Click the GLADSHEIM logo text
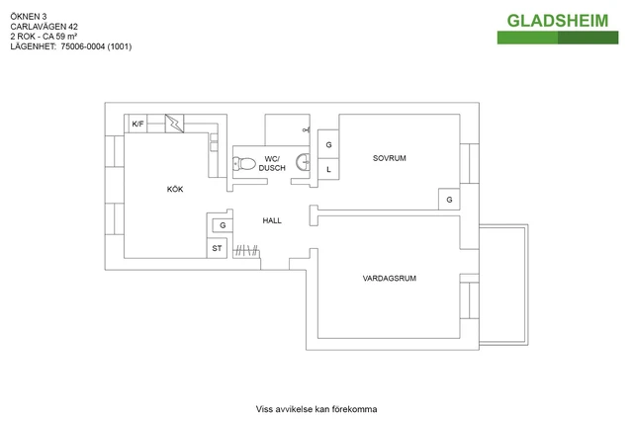(558, 21)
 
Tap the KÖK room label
(175, 189)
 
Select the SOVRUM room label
(389, 158)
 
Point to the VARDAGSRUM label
(389, 278)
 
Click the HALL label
(272, 220)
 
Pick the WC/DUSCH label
(272, 163)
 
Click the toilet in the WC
(244, 164)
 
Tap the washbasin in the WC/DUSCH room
(304, 162)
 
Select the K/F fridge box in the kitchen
(137, 124)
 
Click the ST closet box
(217, 248)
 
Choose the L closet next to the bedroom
(328, 169)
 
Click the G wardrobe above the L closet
(328, 144)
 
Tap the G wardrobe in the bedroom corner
(449, 200)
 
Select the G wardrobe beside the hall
(223, 225)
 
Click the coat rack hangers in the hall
(246, 251)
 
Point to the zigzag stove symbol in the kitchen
(175, 124)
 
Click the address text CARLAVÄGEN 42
(44, 27)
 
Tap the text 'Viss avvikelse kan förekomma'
(316, 409)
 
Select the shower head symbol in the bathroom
(307, 129)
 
